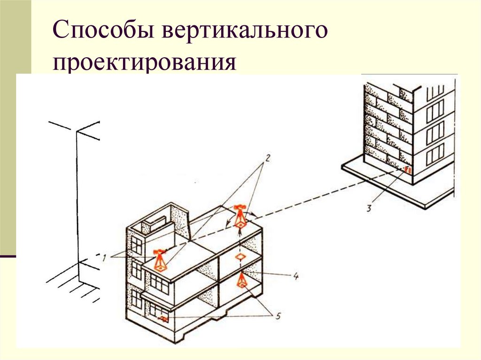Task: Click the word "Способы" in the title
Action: click(104, 34)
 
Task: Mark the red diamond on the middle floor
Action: click(240, 258)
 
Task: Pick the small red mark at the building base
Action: click(163, 319)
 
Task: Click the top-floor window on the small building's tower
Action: click(137, 245)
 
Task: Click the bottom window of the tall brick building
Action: click(435, 154)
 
